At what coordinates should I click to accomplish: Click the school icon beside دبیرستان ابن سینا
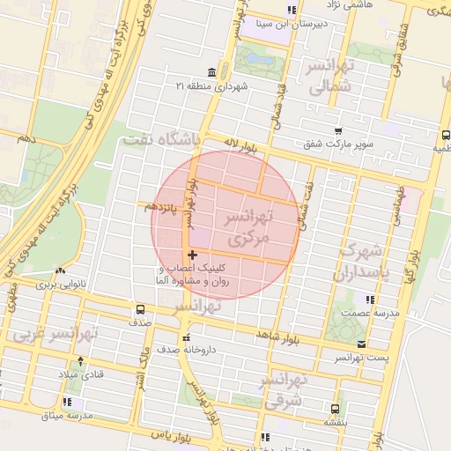tap(292, 11)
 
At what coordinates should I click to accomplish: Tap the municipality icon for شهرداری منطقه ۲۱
tap(210, 71)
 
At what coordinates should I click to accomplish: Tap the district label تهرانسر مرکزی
tap(244, 227)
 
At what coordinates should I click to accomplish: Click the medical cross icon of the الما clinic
tap(193, 255)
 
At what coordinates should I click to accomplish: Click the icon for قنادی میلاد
tap(81, 361)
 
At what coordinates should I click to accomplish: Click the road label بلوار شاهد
tap(277, 336)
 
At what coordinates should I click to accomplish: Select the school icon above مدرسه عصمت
tap(368, 299)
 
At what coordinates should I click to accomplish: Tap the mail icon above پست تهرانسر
tap(362, 344)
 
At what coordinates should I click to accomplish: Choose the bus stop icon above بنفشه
tap(335, 409)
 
